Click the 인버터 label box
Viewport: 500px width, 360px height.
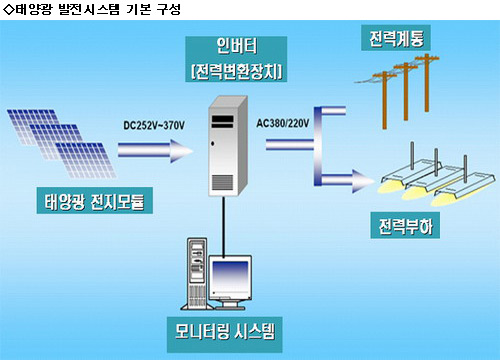click(236, 59)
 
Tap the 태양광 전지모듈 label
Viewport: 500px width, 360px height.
click(95, 201)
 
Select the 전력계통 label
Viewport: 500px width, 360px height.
click(396, 38)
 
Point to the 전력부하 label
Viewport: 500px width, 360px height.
click(405, 226)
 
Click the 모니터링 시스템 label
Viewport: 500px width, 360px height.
click(225, 334)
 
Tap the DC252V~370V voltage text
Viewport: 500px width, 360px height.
click(154, 126)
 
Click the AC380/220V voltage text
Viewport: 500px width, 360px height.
click(283, 123)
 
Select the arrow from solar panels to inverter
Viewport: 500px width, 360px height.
click(155, 151)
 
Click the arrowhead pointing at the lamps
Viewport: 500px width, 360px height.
click(363, 181)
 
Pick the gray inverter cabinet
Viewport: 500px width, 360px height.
click(228, 146)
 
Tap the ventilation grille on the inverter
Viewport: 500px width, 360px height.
click(223, 182)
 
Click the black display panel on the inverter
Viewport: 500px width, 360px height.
click(222, 122)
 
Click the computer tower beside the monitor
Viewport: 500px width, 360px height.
click(196, 273)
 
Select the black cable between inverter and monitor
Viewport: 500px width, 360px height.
click(224, 226)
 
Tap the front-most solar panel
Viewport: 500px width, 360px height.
click(86, 160)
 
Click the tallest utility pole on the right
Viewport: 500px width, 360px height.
click(426, 82)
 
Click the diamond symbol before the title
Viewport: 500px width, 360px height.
click(8, 10)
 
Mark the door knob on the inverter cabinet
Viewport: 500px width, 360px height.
click(212, 144)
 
